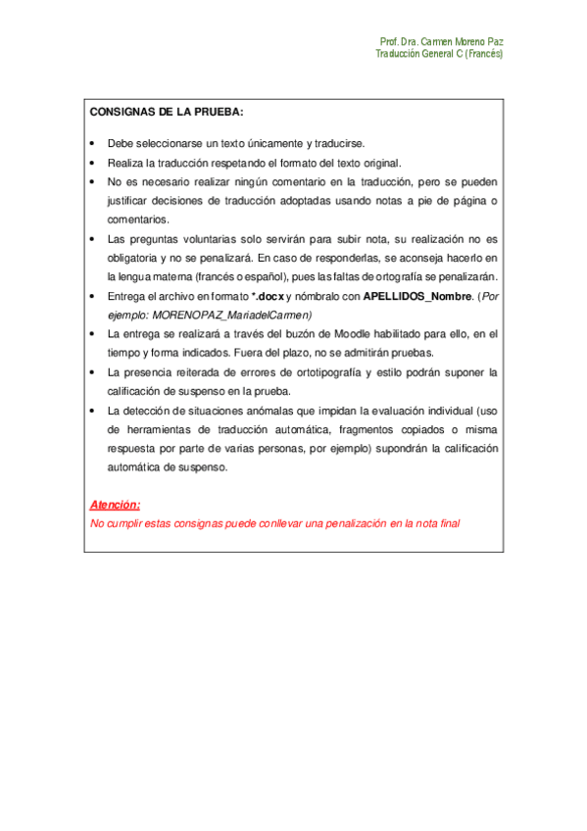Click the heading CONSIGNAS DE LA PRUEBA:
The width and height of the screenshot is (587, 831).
coord(167,112)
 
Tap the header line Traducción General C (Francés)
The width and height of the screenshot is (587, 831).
coord(439,55)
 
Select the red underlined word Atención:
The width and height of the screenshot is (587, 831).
coord(115,505)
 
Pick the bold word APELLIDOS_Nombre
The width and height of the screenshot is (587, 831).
coord(417,295)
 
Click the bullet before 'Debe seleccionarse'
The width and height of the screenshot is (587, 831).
coord(92,143)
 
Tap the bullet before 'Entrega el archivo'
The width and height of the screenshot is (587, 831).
coord(92,295)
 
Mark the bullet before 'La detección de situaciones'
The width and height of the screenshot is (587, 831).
coord(92,411)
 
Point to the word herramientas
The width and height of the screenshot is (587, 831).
coord(152,429)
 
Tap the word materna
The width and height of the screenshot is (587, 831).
coord(173,276)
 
